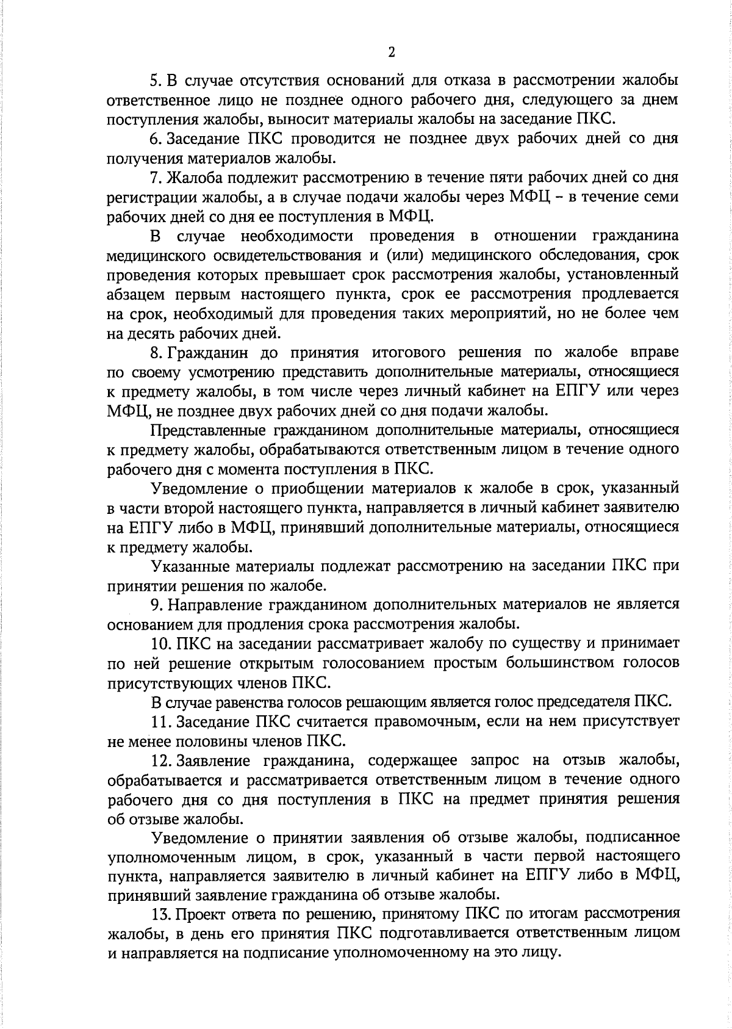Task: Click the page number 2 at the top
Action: pyautogui.click(x=392, y=52)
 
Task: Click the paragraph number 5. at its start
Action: pyautogui.click(x=155, y=80)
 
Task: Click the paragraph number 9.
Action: pyautogui.click(x=155, y=604)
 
